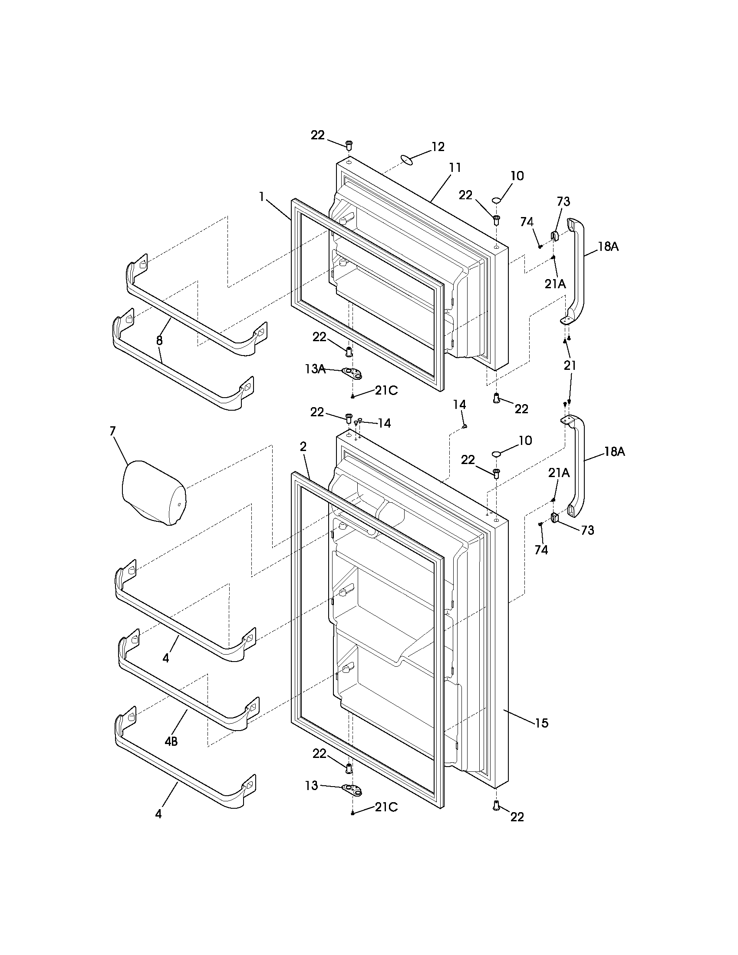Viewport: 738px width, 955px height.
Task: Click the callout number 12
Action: (438, 146)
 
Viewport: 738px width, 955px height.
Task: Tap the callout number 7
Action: (112, 431)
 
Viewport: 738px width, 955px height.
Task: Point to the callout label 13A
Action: (315, 369)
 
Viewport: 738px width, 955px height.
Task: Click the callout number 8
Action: (159, 341)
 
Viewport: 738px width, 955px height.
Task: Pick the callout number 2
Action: (303, 446)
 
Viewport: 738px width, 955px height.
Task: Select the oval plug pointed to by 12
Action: (407, 160)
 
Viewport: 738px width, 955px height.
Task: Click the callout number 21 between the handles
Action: (570, 366)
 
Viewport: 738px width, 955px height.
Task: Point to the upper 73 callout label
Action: (563, 201)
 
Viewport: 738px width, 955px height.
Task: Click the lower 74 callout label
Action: (541, 550)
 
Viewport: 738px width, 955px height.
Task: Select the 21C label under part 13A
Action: (386, 391)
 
